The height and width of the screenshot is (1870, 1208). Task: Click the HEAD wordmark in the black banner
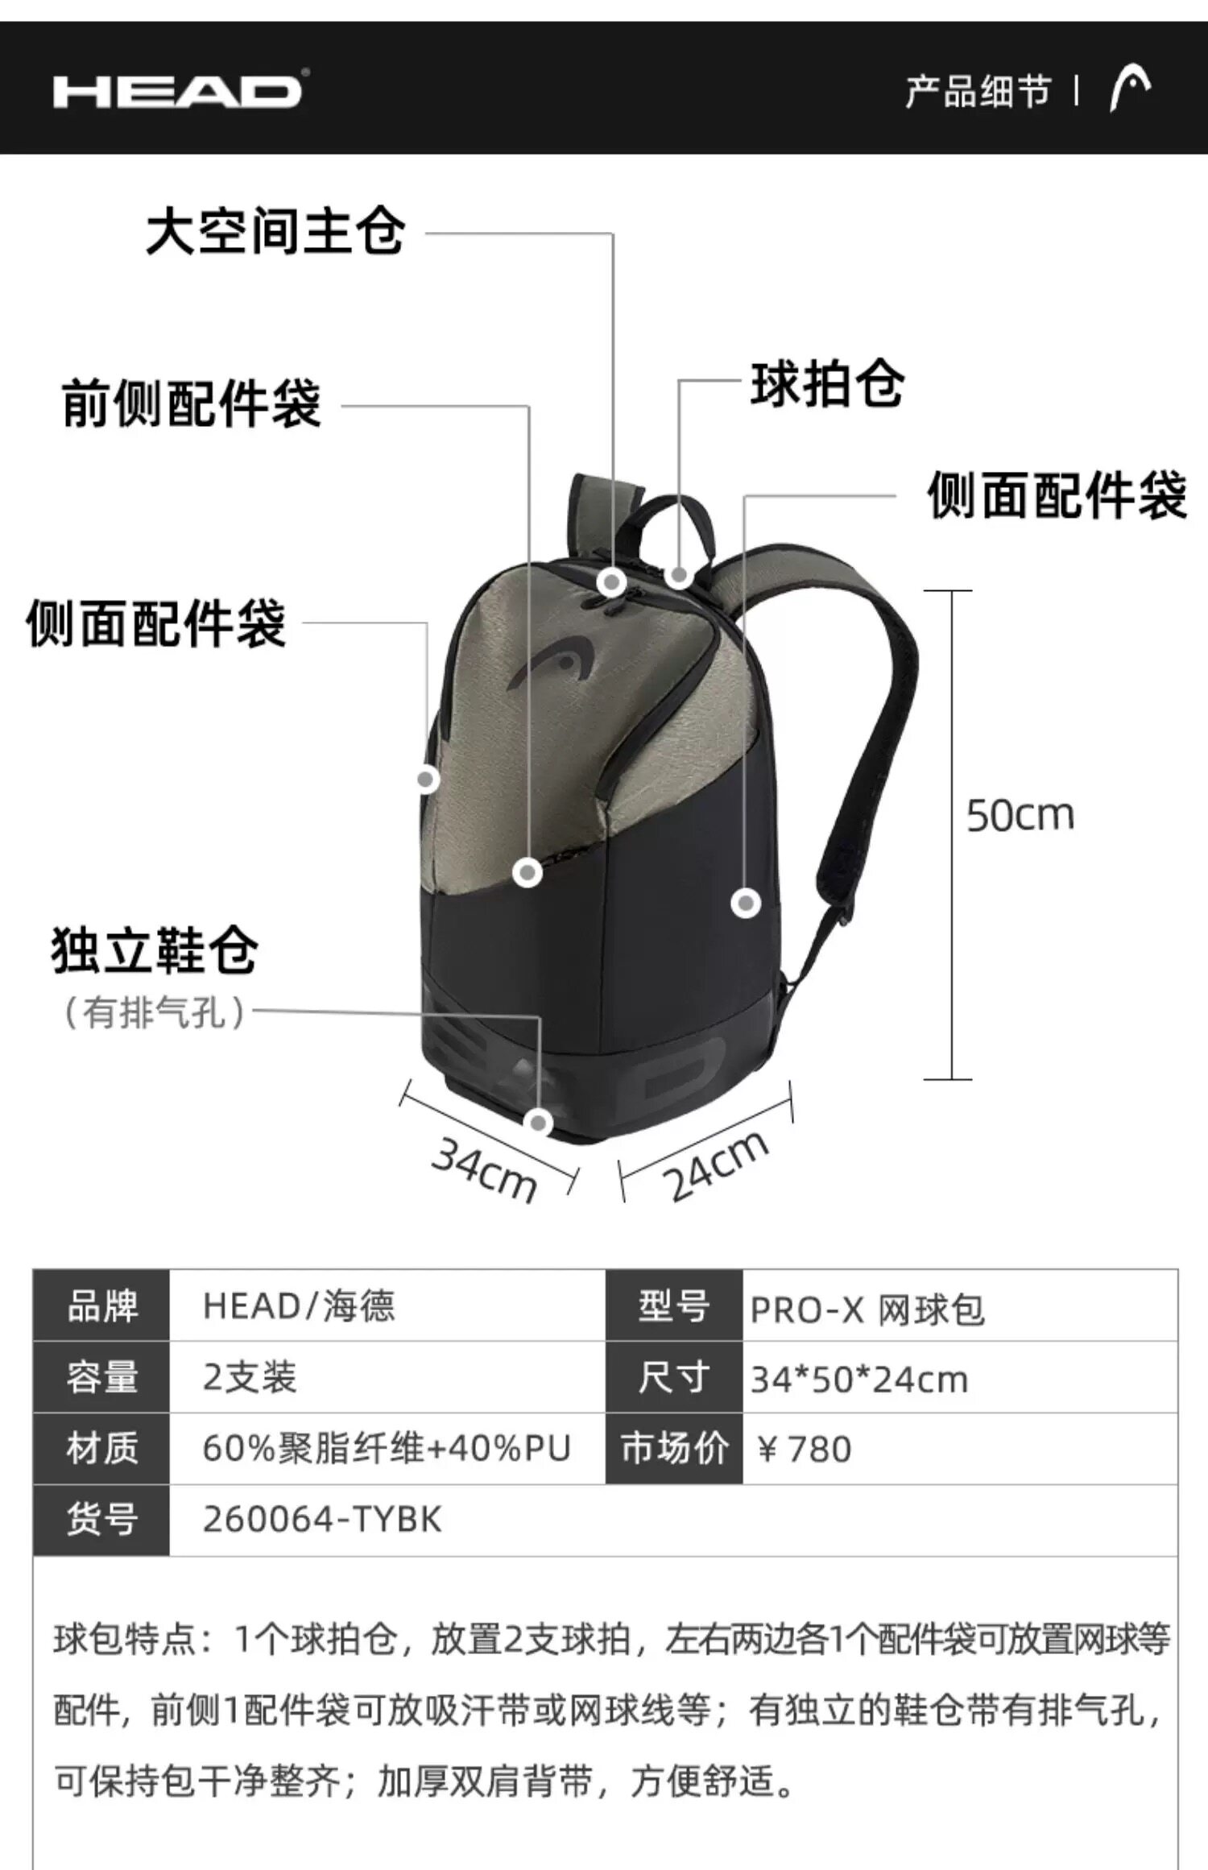[178, 91]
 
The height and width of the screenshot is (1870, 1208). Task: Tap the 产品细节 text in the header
[978, 92]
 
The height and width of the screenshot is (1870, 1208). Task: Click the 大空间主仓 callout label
[275, 232]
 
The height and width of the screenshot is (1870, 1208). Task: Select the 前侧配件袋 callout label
[192, 404]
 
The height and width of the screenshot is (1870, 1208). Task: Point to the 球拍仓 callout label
[827, 384]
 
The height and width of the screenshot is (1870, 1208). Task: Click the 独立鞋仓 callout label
[155, 951]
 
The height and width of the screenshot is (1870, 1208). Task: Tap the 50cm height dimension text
[1020, 815]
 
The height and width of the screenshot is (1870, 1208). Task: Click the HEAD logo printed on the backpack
[548, 663]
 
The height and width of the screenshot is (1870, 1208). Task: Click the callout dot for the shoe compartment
[538, 1123]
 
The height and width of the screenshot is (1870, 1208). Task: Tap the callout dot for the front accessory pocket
[527, 872]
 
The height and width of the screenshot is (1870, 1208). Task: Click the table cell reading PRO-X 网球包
[867, 1309]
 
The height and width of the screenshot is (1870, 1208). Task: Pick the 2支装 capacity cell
[250, 1378]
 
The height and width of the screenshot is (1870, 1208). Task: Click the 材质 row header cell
[101, 1449]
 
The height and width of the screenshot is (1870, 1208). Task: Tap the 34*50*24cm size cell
[858, 1380]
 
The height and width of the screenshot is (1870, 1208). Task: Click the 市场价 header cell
[674, 1449]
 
